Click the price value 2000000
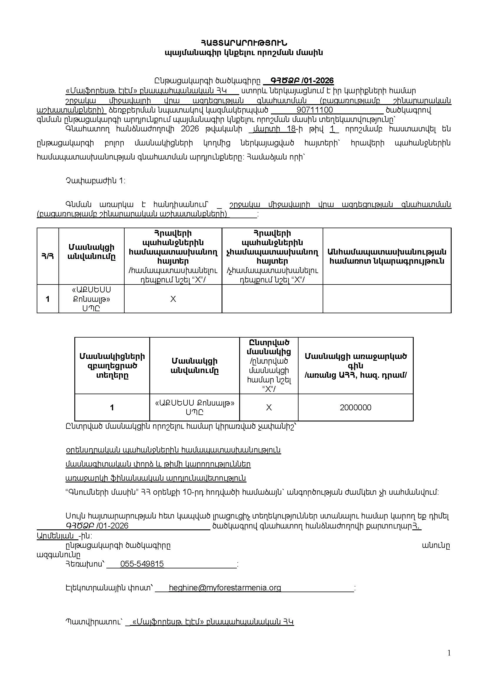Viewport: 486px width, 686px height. tap(356, 408)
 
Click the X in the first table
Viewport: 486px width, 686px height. tap(173, 299)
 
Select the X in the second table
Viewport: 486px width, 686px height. tap(269, 408)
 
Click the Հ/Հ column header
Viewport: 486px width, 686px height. tap(48, 256)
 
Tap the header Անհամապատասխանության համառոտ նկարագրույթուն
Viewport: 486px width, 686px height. tap(387, 256)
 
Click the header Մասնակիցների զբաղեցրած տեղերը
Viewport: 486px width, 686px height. tap(112, 365)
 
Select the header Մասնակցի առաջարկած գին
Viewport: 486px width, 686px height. tap(356, 361)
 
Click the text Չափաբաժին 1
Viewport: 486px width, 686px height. tap(95, 181)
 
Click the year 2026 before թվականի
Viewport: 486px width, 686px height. tap(190, 129)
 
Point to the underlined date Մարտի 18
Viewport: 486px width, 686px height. tap(274, 129)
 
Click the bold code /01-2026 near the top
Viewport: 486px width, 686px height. tap(318, 81)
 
